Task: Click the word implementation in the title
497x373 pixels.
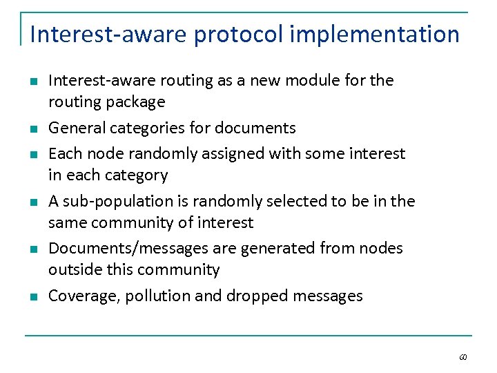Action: (x=375, y=34)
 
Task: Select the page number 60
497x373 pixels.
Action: (x=462, y=357)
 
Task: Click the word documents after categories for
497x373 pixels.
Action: (x=255, y=128)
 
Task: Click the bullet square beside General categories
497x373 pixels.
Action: (x=33, y=128)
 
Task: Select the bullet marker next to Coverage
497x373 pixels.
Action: (x=33, y=296)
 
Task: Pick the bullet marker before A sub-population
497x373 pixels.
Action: (x=33, y=202)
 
